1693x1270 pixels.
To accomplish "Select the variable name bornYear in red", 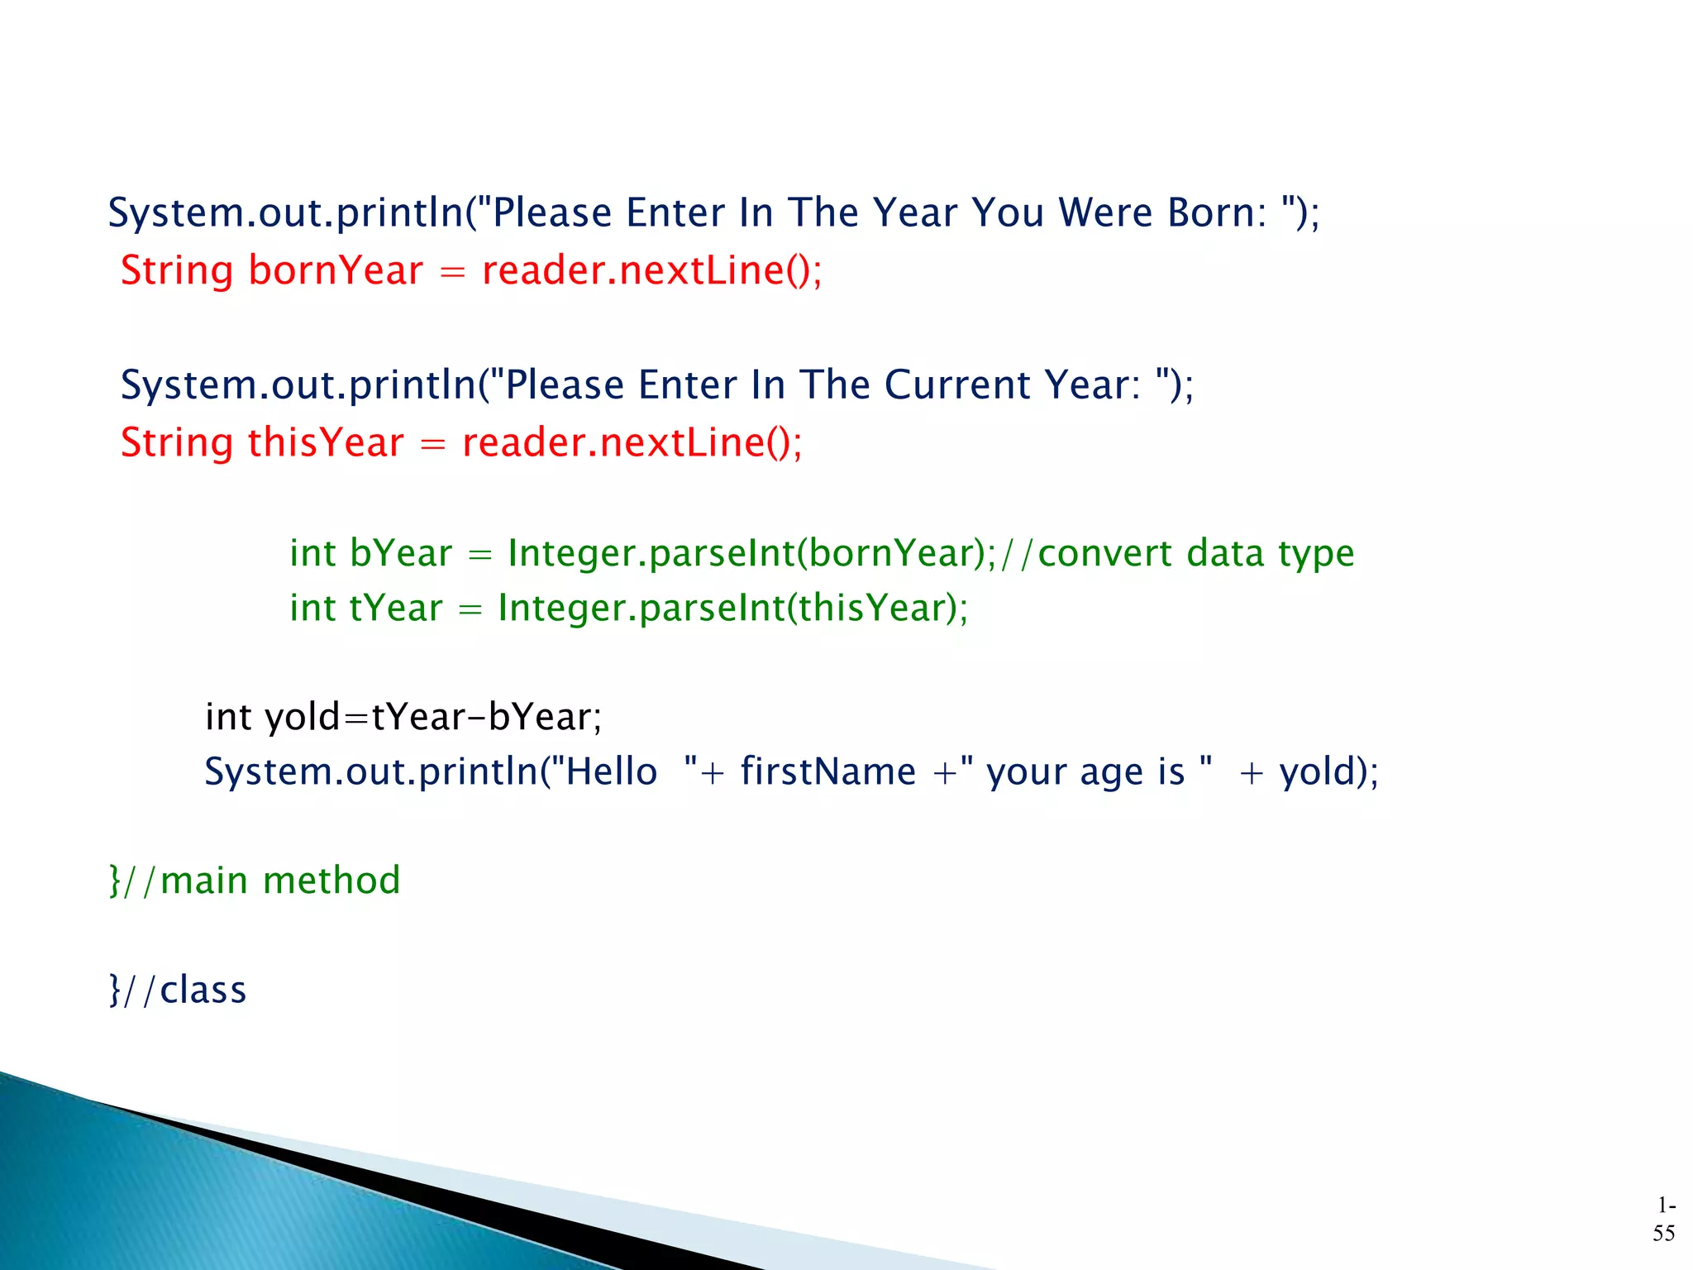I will coord(336,270).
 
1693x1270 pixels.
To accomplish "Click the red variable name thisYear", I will coord(326,442).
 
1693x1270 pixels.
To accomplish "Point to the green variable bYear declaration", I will coord(401,553).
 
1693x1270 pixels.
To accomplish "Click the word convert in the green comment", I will coord(1104,553).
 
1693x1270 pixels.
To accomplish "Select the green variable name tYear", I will coord(396,608).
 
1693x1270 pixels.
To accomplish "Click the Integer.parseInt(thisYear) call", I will coord(732,608).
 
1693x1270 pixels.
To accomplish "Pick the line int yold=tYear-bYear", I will coord(403,717).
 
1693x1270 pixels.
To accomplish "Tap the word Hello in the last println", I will coord(611,771).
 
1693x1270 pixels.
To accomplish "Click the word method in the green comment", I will coord(331,881).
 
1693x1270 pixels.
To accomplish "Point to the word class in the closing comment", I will coord(203,990).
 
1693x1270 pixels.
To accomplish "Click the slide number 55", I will coord(1663,1233).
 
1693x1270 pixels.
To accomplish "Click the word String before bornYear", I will coord(177,271).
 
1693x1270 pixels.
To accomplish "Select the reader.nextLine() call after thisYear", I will coord(632,442).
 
